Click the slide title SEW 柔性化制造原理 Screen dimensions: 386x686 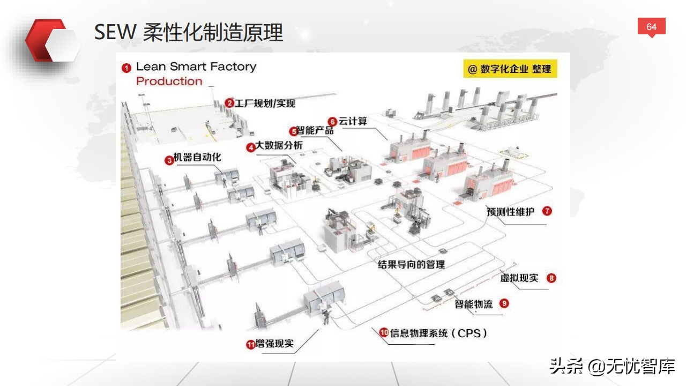(188, 33)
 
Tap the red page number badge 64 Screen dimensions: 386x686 (651, 27)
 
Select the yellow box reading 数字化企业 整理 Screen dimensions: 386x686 (510, 69)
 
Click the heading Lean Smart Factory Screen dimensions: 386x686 (196, 67)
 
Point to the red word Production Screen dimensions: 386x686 (169, 81)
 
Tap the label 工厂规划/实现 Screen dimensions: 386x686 (265, 103)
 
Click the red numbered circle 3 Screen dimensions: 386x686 (169, 159)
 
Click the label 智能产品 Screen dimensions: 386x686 (316, 131)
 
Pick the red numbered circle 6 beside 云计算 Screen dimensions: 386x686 (332, 122)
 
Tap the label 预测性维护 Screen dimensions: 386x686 (510, 211)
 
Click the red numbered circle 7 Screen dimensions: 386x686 (547, 211)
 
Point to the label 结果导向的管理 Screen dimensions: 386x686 (411, 264)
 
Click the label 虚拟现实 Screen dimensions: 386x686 (519, 278)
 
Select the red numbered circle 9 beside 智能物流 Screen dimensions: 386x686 (504, 303)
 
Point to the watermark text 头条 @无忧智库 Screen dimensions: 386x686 (612, 367)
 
